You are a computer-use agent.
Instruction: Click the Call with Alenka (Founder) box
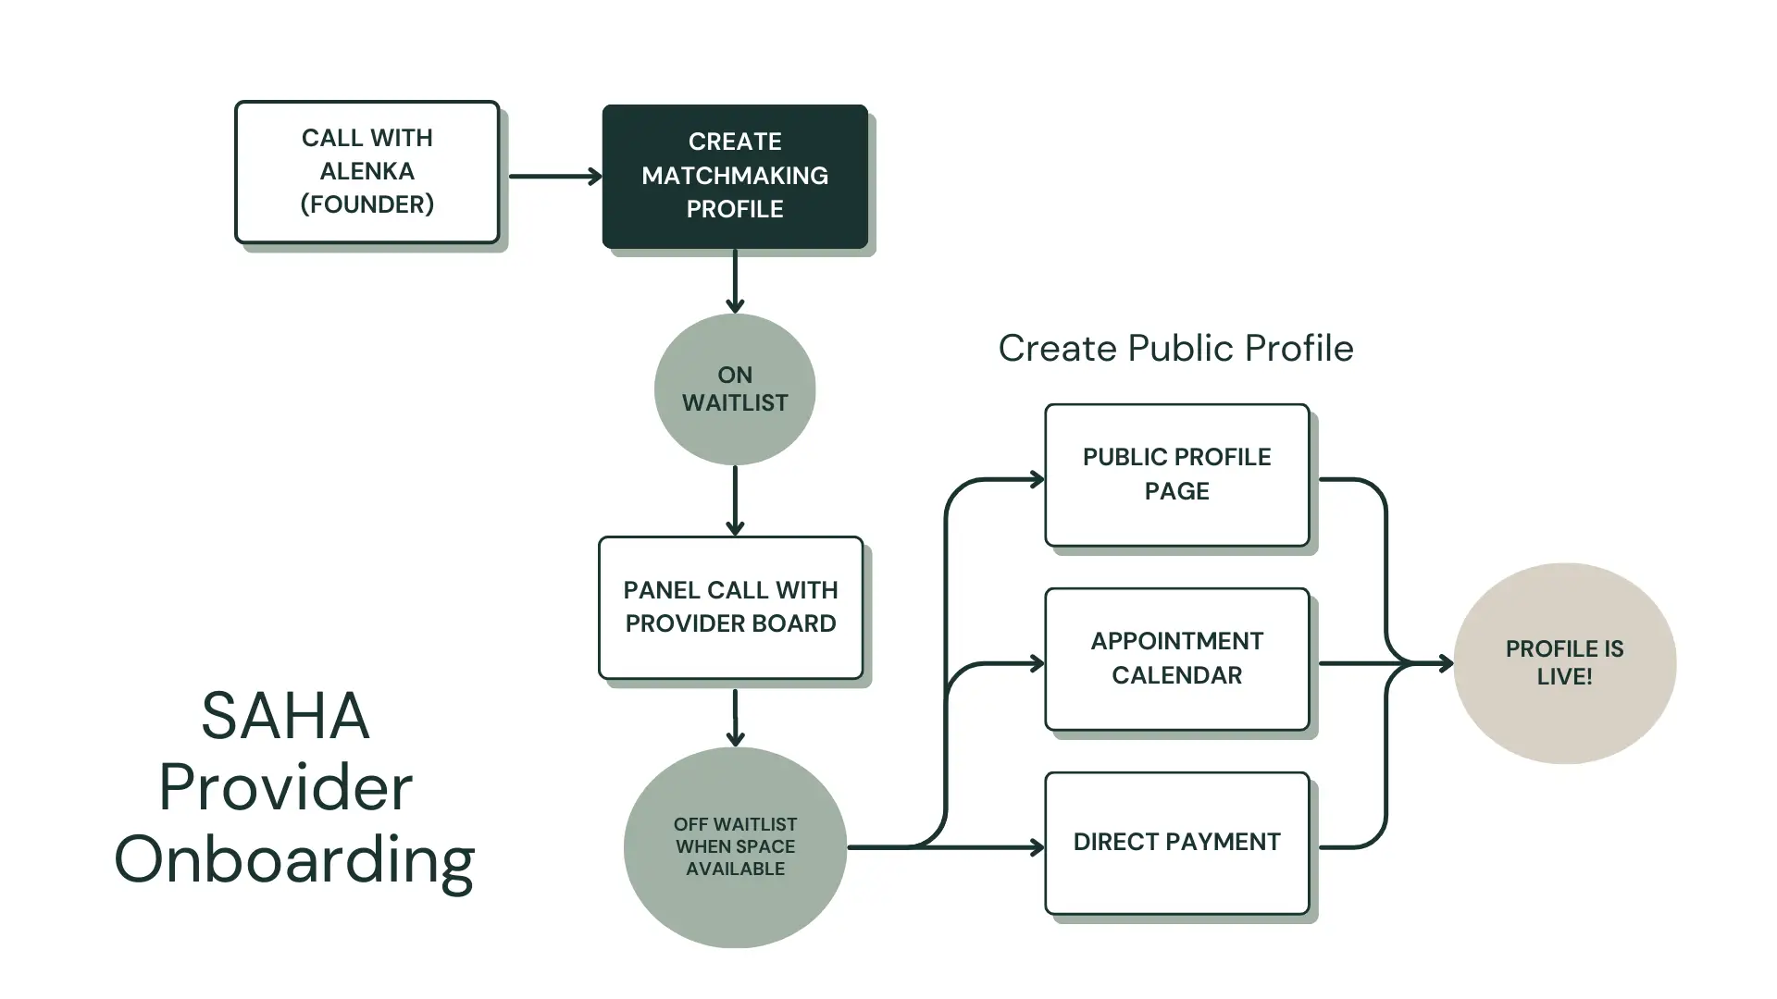point(367,172)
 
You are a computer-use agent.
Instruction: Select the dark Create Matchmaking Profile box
point(735,176)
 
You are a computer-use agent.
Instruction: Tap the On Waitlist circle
point(735,389)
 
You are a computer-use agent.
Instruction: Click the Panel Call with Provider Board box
point(730,608)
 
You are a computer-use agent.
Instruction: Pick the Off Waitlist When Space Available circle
point(735,846)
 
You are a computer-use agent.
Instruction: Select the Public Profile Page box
point(1176,475)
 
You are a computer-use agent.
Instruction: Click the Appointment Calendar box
point(1176,659)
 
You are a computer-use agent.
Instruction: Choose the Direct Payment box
point(1176,843)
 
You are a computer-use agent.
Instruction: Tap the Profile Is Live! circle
point(1564,663)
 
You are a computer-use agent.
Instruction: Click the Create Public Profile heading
point(1175,349)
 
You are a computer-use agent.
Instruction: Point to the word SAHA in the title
point(285,716)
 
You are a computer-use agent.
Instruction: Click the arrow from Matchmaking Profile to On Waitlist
point(735,280)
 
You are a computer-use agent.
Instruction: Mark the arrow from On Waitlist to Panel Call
point(735,500)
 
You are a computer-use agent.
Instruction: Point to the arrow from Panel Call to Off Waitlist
point(735,717)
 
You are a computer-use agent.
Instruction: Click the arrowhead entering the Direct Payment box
point(1037,847)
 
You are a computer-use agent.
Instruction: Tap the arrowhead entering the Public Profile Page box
point(1037,479)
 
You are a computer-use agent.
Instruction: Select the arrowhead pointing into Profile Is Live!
point(1444,663)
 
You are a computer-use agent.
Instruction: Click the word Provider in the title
point(285,788)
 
